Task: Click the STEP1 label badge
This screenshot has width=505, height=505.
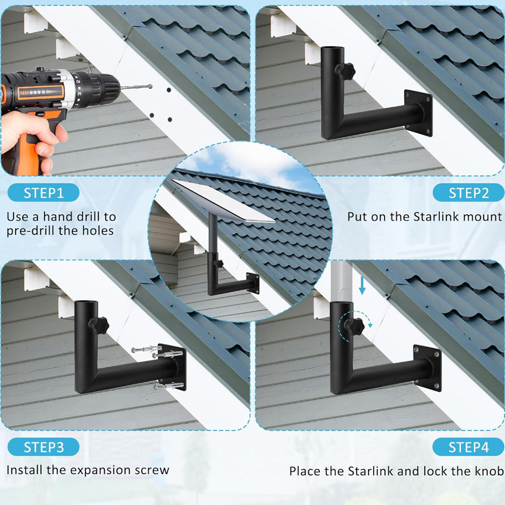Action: (44, 192)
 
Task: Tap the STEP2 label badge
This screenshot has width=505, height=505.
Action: (469, 192)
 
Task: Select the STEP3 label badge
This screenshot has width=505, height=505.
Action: (44, 447)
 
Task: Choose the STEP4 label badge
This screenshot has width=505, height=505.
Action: (469, 447)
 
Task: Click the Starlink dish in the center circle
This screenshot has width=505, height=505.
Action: (225, 201)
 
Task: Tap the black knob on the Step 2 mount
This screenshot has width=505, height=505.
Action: (345, 71)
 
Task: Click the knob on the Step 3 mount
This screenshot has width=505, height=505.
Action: (98, 325)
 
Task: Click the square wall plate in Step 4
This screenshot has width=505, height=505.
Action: (427, 368)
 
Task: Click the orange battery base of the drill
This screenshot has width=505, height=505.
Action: (20, 162)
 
